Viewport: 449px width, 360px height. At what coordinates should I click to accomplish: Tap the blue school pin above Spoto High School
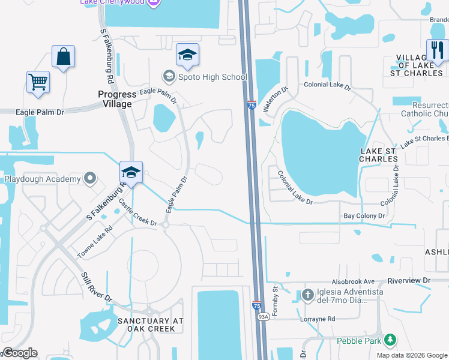coord(187,55)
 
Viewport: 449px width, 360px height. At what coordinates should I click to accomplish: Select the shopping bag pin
coord(63,58)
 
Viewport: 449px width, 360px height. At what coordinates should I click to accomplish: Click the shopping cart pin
coord(38,83)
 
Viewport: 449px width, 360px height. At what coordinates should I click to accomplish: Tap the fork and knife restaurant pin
coord(437,51)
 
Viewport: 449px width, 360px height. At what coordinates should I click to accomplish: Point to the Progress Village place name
coord(118,99)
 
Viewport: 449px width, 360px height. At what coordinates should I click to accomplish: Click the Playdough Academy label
coord(43,179)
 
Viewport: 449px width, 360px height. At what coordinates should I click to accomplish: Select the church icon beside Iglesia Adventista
coord(307,295)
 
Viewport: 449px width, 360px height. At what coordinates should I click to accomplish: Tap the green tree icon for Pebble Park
coord(390,340)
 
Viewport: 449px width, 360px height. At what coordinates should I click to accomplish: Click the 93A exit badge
coord(263,316)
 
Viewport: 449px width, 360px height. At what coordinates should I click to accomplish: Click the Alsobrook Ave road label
coord(353,281)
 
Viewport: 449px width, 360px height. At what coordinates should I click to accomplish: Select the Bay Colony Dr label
coord(363,215)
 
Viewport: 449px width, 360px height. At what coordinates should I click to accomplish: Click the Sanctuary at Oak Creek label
coord(149,325)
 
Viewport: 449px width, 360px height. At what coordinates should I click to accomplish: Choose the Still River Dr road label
coord(97,287)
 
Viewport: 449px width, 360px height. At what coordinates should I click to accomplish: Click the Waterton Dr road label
coord(274,98)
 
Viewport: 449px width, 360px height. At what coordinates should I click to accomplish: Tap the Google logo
coord(20,353)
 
